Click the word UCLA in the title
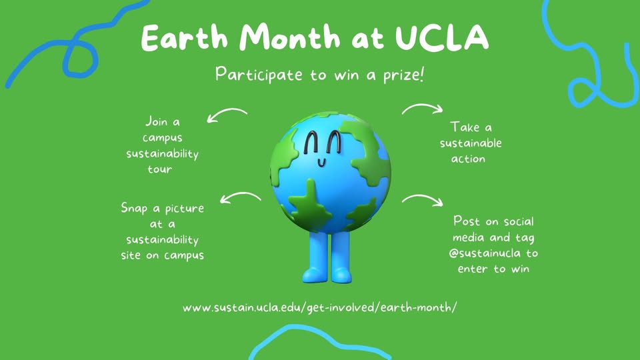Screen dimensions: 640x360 (441, 37)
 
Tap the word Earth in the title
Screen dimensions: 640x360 (184, 37)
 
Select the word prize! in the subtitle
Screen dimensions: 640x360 (404, 75)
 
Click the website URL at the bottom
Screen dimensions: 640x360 (319, 307)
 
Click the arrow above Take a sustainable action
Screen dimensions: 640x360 (423, 106)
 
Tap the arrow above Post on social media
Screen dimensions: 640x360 (423, 197)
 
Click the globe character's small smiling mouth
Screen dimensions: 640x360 (322, 163)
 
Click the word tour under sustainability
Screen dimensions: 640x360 (159, 169)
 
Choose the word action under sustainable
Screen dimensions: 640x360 (468, 159)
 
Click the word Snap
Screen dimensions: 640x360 (134, 209)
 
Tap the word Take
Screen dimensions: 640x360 (465, 127)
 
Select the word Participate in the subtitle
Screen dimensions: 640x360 (259, 75)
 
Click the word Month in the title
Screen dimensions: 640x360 (289, 37)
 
